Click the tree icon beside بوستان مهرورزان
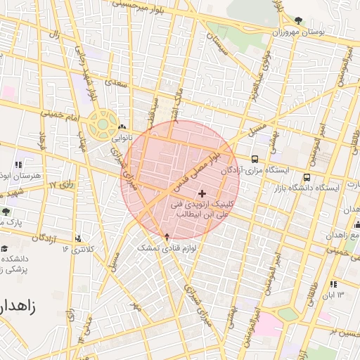click(299, 20)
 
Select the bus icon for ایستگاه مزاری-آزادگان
click(254, 159)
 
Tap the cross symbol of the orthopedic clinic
click(202, 193)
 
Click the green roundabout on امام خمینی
click(103, 124)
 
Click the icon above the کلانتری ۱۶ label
click(77, 238)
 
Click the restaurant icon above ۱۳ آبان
click(333, 284)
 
